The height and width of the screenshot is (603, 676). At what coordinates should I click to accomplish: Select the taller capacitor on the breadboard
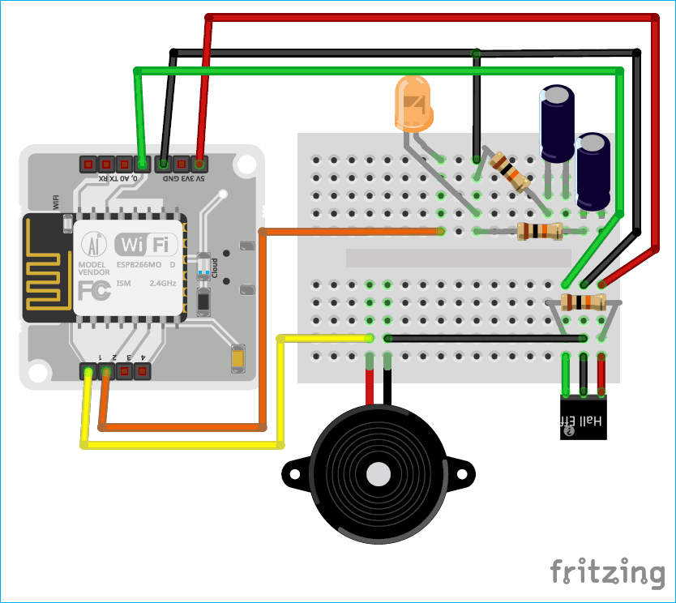(558, 126)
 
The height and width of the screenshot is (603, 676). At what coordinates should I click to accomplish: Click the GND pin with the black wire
(164, 164)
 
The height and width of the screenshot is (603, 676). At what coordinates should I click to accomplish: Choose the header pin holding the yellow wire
(88, 372)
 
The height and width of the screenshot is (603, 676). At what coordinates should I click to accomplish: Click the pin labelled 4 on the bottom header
(142, 372)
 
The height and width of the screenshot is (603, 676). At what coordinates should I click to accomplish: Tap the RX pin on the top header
(88, 164)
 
